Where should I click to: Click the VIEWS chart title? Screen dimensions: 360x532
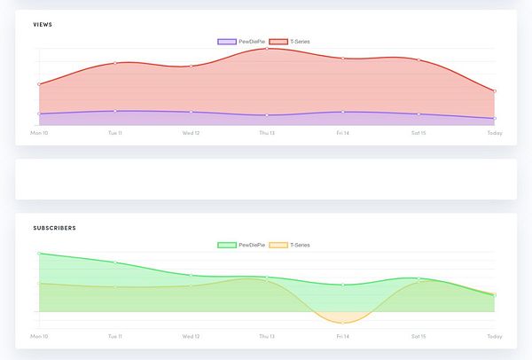point(42,24)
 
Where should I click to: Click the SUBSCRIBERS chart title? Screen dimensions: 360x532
point(54,228)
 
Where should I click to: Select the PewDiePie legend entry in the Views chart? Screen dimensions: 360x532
point(240,42)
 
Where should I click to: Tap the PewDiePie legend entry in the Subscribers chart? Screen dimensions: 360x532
point(240,245)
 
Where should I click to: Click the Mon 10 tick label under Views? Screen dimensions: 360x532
point(39,133)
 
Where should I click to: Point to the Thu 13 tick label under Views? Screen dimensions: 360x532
point(267,133)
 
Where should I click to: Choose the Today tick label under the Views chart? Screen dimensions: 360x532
point(495,133)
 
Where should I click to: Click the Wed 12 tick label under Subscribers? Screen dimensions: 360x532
point(191,337)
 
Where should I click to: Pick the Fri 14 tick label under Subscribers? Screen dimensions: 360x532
point(343,337)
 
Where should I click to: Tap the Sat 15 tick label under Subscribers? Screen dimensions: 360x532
point(419,337)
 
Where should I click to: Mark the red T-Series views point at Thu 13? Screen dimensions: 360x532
point(267,49)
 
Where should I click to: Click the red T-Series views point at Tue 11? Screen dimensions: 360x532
point(115,63)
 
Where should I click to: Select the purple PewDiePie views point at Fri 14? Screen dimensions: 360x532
point(343,112)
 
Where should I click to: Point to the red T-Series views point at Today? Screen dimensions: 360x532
point(495,90)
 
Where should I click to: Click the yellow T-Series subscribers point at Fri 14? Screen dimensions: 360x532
point(343,322)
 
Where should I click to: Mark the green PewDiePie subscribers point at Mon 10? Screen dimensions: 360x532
point(39,254)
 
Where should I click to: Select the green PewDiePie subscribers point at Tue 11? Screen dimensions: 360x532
point(115,262)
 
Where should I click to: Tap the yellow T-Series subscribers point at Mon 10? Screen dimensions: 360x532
point(39,284)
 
